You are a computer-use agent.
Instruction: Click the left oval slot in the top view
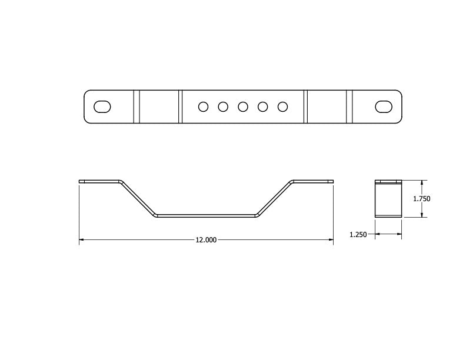click(102, 106)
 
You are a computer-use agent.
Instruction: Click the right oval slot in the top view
click(384, 106)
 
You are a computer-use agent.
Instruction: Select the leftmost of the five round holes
click(203, 106)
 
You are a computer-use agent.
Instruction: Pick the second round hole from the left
click(223, 106)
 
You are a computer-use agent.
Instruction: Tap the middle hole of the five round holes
click(243, 106)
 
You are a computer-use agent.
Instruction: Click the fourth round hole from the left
click(263, 106)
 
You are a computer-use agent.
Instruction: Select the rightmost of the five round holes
click(282, 106)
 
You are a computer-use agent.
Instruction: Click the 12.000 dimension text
click(206, 240)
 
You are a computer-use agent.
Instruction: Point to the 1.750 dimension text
click(421, 199)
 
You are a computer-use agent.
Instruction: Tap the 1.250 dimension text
click(358, 235)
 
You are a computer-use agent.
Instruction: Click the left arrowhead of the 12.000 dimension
click(82, 240)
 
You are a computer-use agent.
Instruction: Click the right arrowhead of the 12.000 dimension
click(330, 240)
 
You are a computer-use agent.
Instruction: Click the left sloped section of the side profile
click(139, 199)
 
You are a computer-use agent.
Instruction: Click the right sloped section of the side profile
click(274, 199)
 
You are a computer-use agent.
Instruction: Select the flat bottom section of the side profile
click(206, 216)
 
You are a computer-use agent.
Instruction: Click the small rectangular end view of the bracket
click(388, 199)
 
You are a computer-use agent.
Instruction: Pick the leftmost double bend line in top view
click(137, 106)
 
